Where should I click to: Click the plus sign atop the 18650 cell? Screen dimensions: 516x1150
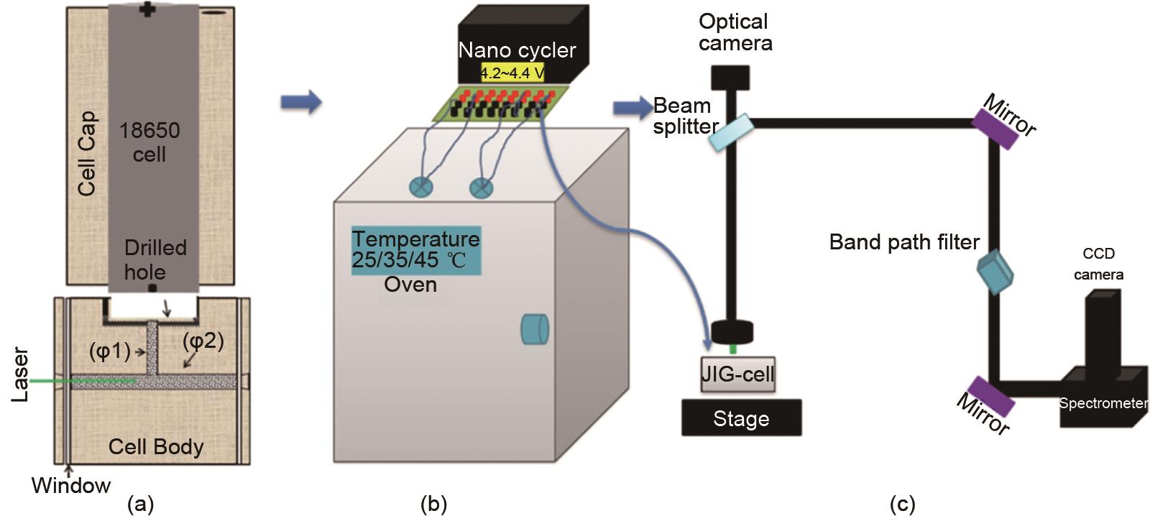pos(147,9)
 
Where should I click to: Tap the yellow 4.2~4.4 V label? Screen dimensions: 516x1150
pos(512,73)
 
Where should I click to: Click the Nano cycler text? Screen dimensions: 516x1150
pos(517,50)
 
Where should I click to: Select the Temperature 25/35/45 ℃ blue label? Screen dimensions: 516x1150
pos(415,249)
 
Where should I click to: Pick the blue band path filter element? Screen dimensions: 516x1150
pos(995,272)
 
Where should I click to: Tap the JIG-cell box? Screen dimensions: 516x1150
pos(737,374)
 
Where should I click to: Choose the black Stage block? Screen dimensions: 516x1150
pos(741,418)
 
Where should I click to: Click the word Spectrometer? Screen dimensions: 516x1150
pos(1103,403)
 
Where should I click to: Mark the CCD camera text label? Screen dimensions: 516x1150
pos(1098,264)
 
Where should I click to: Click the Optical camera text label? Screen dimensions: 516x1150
pos(735,32)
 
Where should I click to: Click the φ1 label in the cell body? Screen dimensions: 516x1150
pos(109,351)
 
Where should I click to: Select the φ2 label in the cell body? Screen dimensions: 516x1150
pos(203,341)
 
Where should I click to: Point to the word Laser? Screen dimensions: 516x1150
pos(20,374)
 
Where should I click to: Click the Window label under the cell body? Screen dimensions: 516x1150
pos(71,486)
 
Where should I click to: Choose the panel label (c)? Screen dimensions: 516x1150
pos(902,505)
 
